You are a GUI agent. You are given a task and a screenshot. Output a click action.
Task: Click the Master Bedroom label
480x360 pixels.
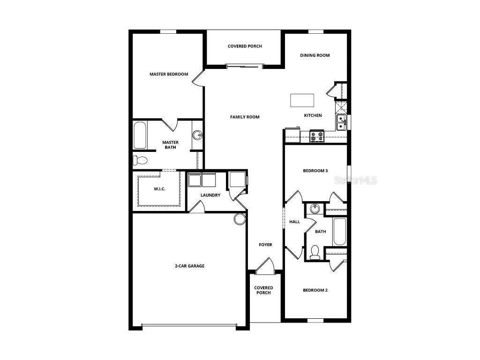[169, 74]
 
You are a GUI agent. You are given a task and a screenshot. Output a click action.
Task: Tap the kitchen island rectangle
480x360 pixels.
[302, 100]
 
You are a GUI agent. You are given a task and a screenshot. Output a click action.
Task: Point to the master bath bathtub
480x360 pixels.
[140, 135]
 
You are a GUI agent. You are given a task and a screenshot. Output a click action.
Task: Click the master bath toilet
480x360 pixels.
[140, 160]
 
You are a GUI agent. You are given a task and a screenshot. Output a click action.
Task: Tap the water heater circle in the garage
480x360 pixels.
[240, 219]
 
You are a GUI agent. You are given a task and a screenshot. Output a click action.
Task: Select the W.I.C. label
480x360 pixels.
[160, 189]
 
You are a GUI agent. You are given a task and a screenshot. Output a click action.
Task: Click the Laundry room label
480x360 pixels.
[210, 195]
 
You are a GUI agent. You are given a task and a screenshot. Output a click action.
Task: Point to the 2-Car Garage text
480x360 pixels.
[190, 266]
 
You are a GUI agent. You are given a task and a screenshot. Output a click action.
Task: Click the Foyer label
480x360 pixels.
[266, 245]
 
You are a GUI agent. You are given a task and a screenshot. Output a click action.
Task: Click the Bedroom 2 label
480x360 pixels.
[315, 290]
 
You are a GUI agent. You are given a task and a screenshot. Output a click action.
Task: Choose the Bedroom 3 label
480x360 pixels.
[315, 171]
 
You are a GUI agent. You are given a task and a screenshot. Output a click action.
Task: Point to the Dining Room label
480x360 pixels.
[315, 55]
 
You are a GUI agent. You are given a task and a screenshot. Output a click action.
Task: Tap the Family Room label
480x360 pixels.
[245, 117]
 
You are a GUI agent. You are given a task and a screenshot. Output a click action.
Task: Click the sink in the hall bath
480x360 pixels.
[314, 209]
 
